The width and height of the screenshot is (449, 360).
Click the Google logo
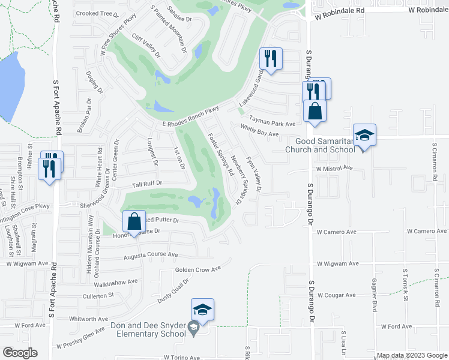(x=20, y=353)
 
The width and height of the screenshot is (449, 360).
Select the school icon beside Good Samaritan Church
(x=364, y=136)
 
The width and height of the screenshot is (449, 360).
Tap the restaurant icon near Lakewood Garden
(x=271, y=59)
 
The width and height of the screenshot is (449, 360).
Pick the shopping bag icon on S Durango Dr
(x=315, y=112)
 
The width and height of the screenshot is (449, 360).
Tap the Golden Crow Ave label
(x=197, y=269)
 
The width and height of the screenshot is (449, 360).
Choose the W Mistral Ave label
(x=334, y=169)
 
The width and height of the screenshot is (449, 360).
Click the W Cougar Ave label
(x=337, y=295)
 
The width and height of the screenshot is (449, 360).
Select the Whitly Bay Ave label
(x=260, y=131)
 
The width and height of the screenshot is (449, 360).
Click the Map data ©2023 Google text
(x=412, y=355)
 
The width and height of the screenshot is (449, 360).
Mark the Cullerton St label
(x=98, y=296)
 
